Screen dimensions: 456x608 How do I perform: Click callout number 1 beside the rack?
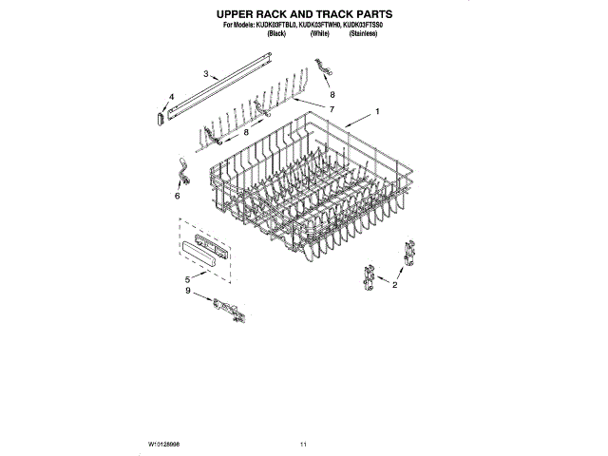pos(377,112)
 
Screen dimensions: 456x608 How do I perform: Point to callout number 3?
pos(206,73)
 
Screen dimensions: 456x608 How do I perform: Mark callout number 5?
pos(187,278)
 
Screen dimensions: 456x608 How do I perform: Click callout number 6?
pos(177,197)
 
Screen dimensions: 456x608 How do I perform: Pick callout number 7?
pos(332,110)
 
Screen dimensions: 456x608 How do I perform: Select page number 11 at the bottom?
pos(303,444)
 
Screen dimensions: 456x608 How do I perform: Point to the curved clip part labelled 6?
pos(181,172)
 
